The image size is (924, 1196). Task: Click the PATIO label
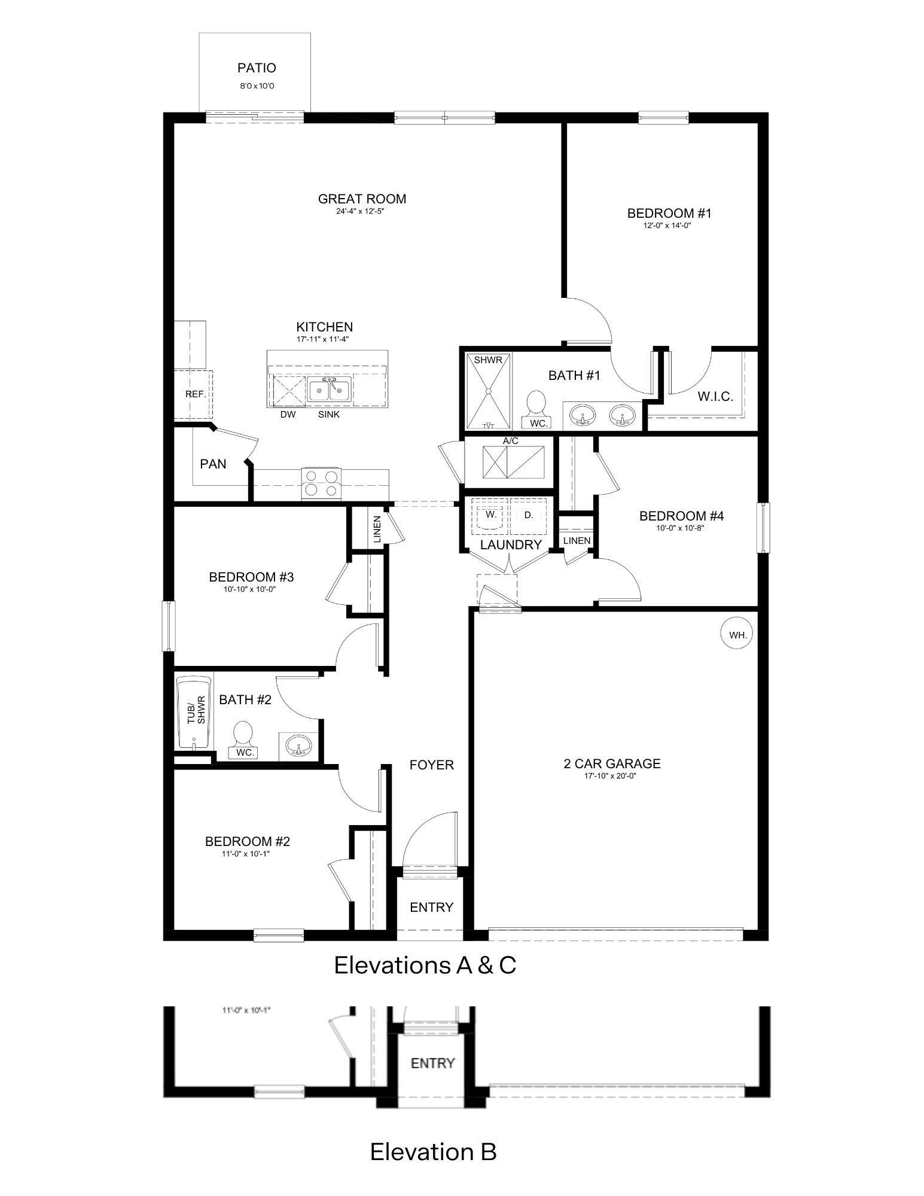257,68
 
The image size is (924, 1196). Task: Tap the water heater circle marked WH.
738,635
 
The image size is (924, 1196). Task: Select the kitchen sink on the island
329,390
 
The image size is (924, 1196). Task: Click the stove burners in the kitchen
321,483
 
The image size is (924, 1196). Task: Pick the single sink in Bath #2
297,746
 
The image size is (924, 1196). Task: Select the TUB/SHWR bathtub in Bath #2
193,713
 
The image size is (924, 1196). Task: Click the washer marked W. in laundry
490,516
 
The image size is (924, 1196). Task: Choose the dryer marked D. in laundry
529,516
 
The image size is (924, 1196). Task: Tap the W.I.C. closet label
715,396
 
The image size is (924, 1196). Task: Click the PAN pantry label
213,464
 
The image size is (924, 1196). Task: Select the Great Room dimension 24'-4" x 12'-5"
362,211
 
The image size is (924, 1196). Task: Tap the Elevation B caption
433,1151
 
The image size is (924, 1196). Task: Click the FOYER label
431,765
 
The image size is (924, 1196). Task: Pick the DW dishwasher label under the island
288,415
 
